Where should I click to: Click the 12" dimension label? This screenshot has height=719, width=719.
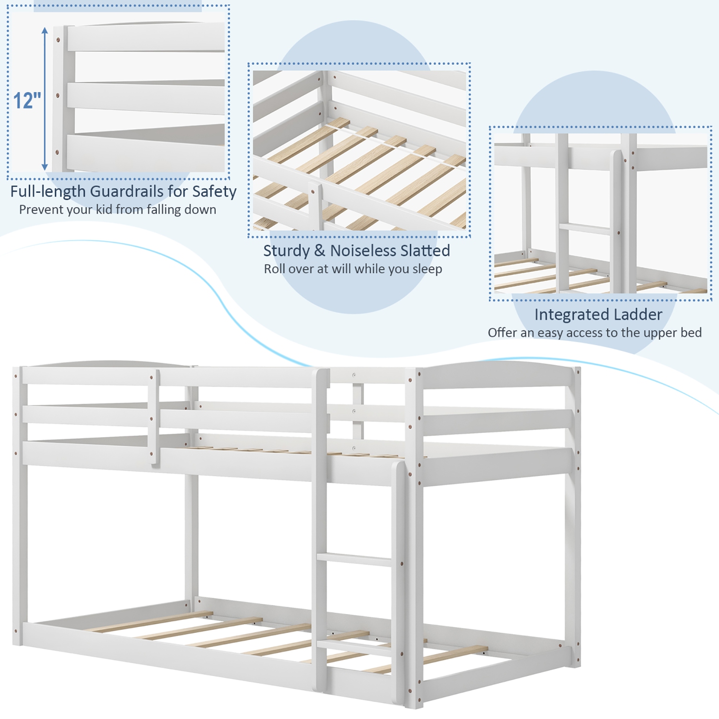click(27, 101)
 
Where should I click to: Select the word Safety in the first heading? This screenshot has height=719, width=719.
click(214, 191)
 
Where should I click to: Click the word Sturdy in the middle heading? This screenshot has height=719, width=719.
click(286, 251)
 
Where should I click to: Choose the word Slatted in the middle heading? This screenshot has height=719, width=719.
click(425, 251)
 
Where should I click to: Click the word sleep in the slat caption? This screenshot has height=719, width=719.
click(427, 269)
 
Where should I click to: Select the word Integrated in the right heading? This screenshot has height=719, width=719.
click(564, 314)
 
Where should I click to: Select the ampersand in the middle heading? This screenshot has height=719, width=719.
click(320, 251)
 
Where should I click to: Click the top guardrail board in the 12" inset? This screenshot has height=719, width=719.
click(146, 37)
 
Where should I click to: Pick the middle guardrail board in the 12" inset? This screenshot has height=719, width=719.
click(146, 96)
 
